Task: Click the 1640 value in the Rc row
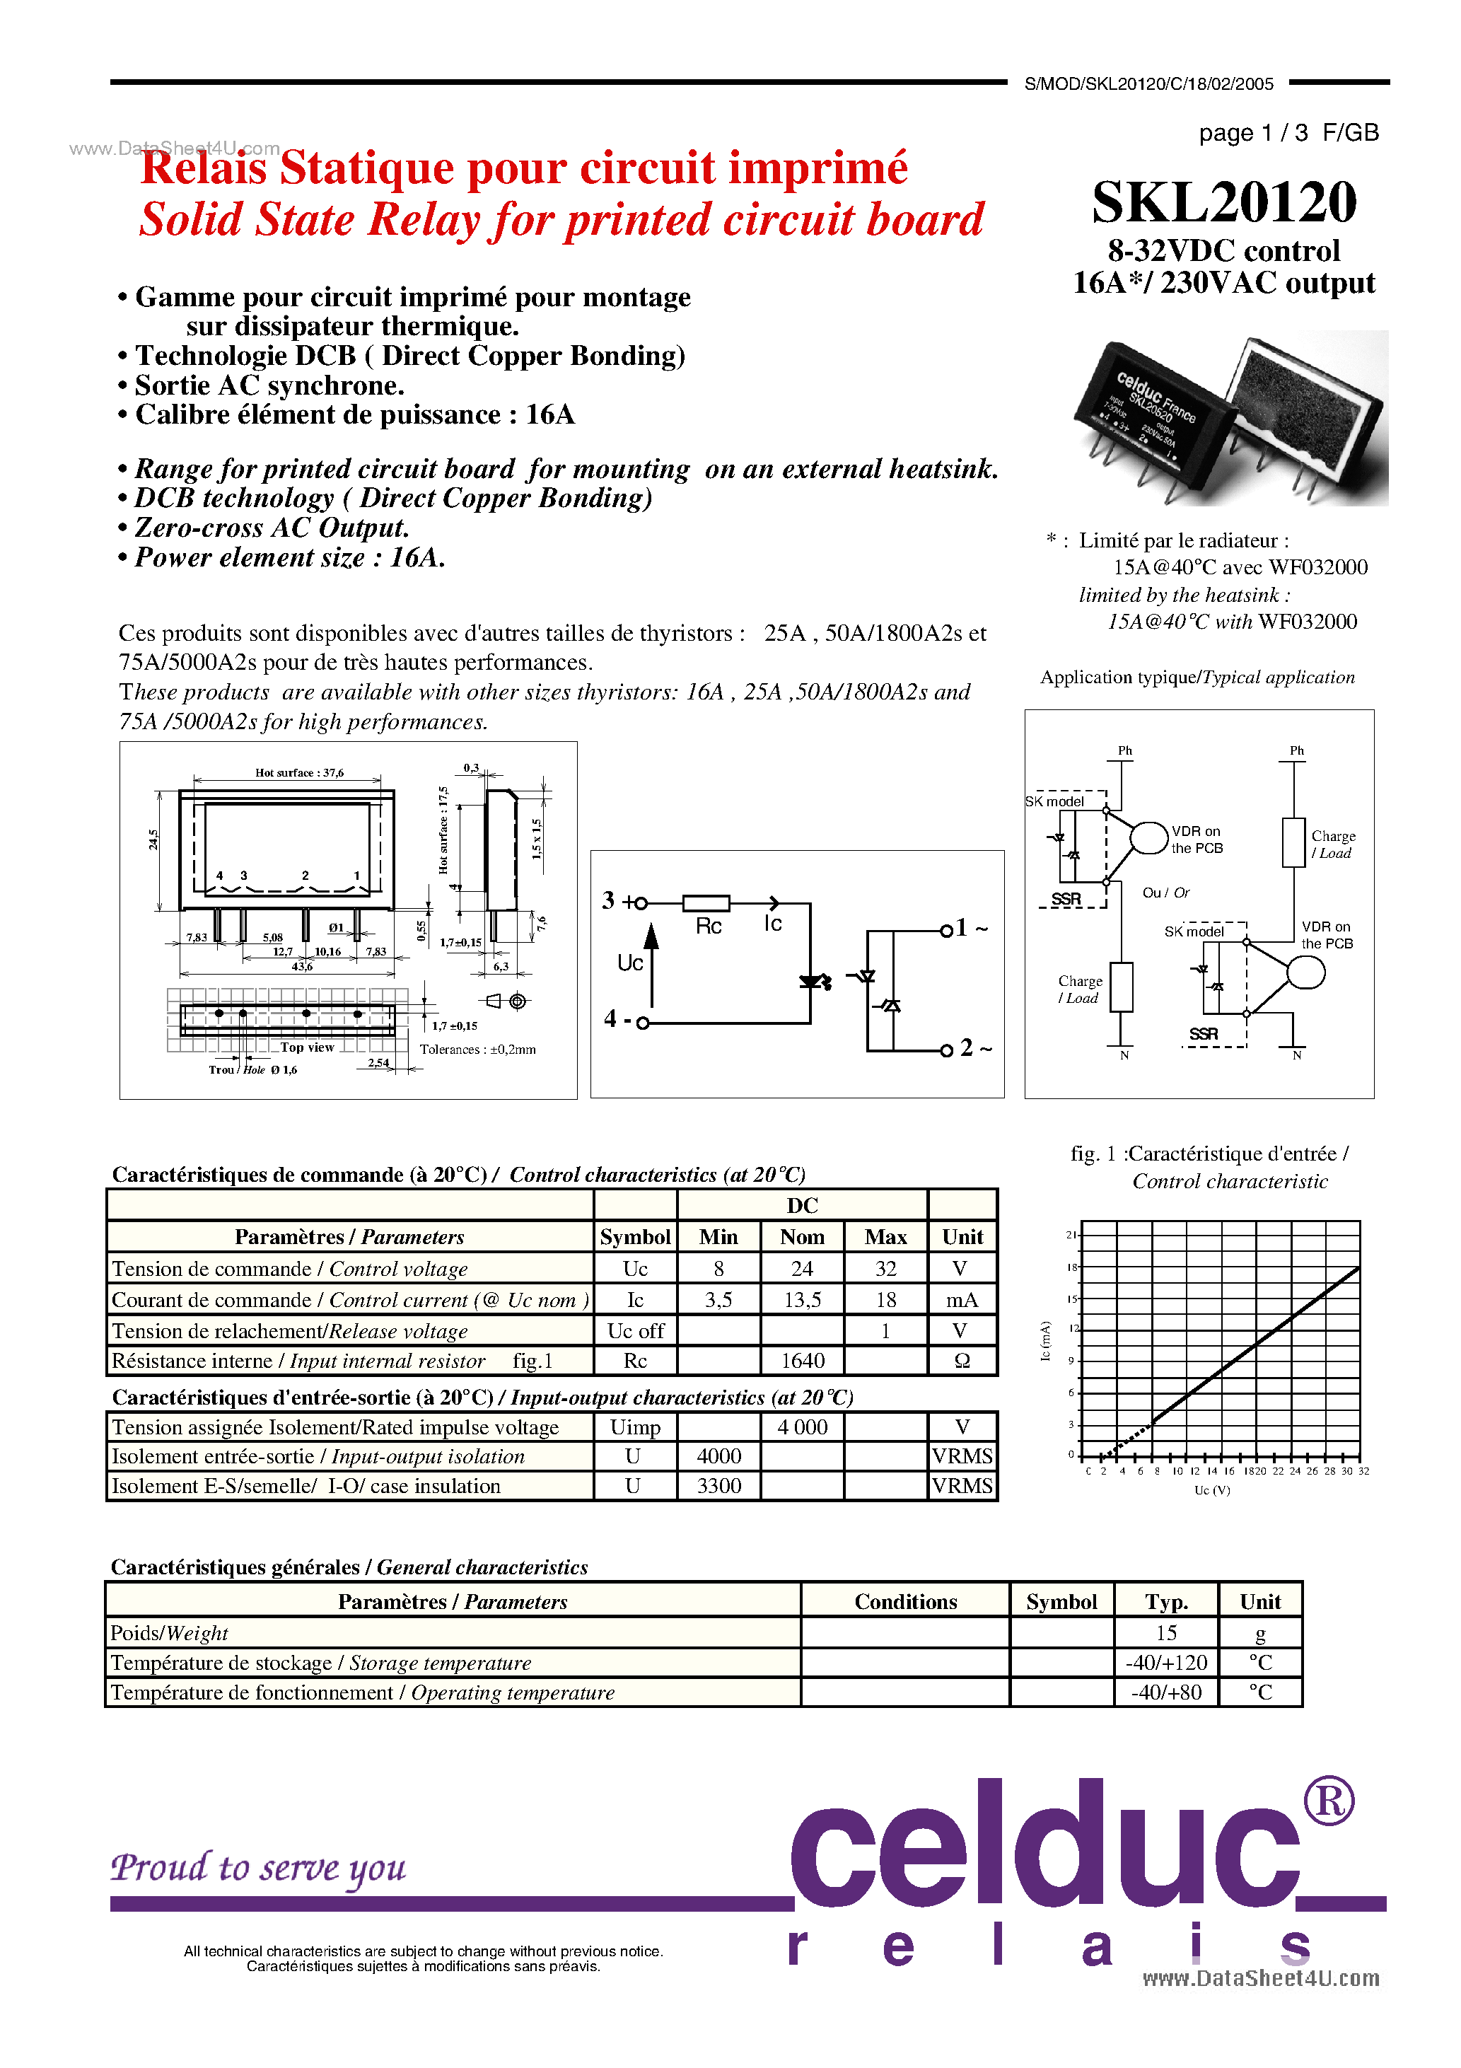click(x=802, y=1361)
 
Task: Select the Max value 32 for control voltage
click(x=885, y=1268)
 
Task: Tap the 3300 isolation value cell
click(x=718, y=1486)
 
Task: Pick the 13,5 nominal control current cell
click(x=802, y=1300)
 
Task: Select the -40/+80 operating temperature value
click(x=1165, y=1692)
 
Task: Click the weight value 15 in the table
click(x=1165, y=1633)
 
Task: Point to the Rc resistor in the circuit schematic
click(x=706, y=903)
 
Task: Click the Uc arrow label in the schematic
click(x=629, y=963)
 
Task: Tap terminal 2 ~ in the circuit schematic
click(x=973, y=1048)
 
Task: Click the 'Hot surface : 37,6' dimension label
click(x=299, y=773)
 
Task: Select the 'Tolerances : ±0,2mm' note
click(x=477, y=1050)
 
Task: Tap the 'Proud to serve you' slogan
click(x=259, y=1867)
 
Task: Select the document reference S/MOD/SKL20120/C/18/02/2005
click(x=1148, y=83)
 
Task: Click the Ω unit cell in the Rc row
click(x=962, y=1361)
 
